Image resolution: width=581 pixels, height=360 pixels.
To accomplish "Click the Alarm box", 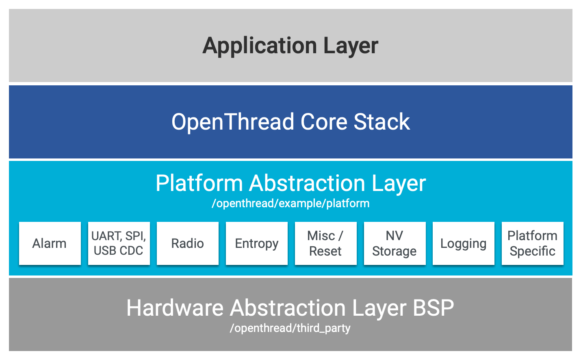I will point(50,243).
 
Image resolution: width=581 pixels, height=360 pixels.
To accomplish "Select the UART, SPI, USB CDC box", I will point(119,243).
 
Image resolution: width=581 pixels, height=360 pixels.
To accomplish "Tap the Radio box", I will point(187,243).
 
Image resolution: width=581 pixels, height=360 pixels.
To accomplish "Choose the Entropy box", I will point(257,243).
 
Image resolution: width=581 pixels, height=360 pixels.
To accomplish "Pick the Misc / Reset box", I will point(325,243).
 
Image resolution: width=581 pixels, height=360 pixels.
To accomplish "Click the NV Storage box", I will point(395,243).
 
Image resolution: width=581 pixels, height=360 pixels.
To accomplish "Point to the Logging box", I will point(463,243).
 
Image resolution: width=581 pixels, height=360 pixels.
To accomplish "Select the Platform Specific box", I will point(532,243).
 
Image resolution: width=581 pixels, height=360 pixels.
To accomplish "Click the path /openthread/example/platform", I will point(290,204).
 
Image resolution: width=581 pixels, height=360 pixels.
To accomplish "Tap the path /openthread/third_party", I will point(290,328).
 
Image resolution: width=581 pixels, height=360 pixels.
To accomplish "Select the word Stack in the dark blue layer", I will point(382,122).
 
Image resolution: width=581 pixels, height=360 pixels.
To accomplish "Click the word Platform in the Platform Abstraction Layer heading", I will point(199,183).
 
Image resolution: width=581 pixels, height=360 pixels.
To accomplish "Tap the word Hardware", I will point(175,308).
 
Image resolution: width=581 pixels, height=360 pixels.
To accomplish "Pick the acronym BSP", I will point(433,308).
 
